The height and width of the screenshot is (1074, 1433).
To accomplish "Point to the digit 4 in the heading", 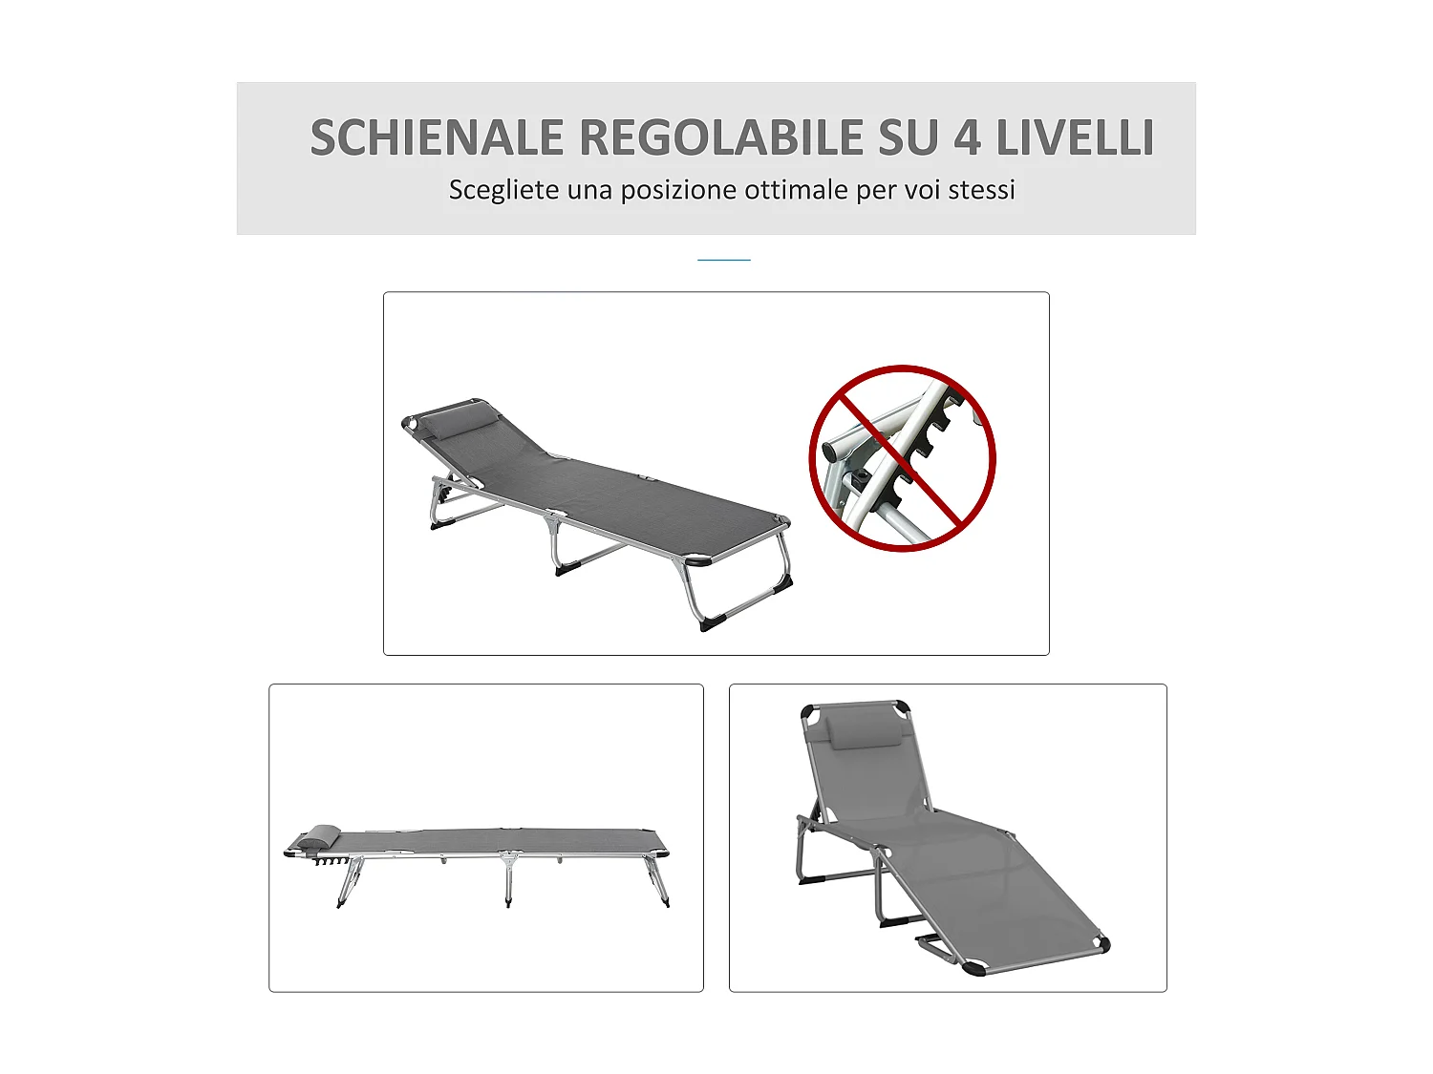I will point(967,137).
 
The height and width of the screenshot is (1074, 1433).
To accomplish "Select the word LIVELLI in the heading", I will point(1075,137).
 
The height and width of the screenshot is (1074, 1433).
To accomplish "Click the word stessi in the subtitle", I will point(981,190).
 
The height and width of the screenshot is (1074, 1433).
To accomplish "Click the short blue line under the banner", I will point(723,259).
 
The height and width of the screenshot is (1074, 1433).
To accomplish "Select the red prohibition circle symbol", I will point(902,458).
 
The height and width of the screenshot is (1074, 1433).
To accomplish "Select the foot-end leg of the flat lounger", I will point(659,880).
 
